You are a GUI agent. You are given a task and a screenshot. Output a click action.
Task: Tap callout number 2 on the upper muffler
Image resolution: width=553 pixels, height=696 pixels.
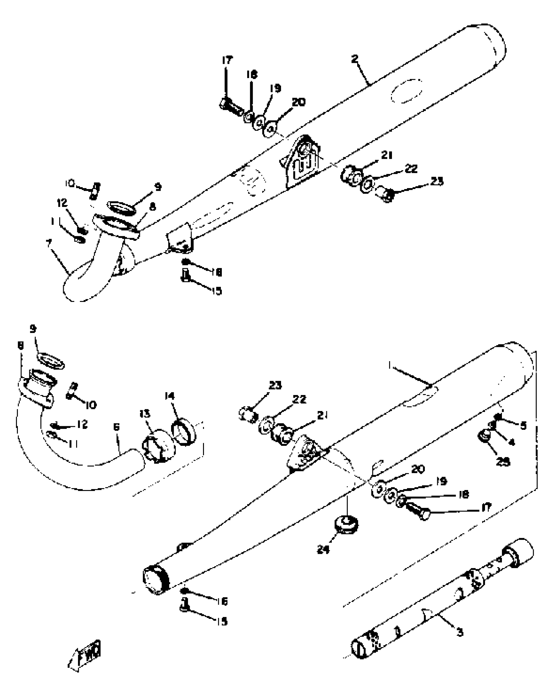[355, 59]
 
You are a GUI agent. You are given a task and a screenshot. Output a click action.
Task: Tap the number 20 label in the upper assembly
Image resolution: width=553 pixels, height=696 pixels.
[299, 102]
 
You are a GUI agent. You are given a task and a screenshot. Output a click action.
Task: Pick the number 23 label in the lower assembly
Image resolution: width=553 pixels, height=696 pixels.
[275, 386]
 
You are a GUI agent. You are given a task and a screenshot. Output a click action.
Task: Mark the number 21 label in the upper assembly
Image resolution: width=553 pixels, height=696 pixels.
[386, 155]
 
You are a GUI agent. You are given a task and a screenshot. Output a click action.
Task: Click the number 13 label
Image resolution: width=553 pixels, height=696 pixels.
[145, 414]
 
